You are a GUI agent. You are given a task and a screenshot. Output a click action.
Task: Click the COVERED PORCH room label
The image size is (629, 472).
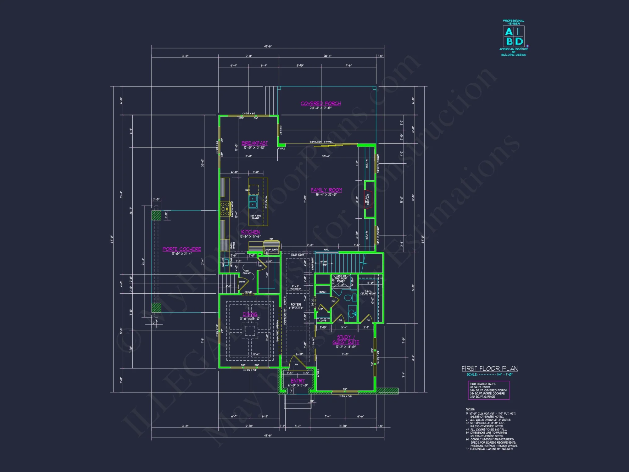(x=320, y=104)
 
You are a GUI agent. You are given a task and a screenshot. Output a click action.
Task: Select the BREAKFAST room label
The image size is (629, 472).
(x=254, y=143)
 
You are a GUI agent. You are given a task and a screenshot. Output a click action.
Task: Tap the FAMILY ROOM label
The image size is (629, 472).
(x=326, y=190)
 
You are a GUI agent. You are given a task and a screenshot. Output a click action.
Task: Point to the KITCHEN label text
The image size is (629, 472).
(x=250, y=232)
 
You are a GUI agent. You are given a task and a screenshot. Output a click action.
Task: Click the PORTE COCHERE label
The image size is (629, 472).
(x=181, y=249)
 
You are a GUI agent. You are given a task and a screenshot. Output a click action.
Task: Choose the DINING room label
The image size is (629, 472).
(x=250, y=314)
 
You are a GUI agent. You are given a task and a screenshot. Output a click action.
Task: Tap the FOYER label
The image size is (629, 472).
(x=296, y=305)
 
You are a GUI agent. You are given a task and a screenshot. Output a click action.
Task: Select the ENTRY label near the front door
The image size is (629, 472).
(x=298, y=381)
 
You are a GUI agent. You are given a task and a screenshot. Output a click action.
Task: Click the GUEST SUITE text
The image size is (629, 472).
(x=346, y=342)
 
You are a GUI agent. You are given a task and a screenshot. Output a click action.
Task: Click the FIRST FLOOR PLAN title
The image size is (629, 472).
(x=489, y=368)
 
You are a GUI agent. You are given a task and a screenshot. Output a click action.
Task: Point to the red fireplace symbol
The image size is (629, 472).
(x=368, y=199)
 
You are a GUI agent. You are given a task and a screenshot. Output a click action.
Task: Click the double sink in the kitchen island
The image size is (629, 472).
(x=253, y=202)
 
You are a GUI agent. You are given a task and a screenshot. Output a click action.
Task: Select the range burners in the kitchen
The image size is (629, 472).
(x=225, y=209)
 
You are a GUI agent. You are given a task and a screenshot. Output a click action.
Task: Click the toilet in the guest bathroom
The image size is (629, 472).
(x=348, y=297)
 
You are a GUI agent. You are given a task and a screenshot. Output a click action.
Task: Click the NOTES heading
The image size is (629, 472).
(x=470, y=409)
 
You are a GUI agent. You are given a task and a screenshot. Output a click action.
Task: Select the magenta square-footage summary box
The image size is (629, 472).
(x=488, y=390)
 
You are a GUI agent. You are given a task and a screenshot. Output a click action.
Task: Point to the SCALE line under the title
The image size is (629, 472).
(x=489, y=374)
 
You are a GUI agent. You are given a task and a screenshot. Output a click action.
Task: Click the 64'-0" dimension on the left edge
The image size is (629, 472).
(x=112, y=239)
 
